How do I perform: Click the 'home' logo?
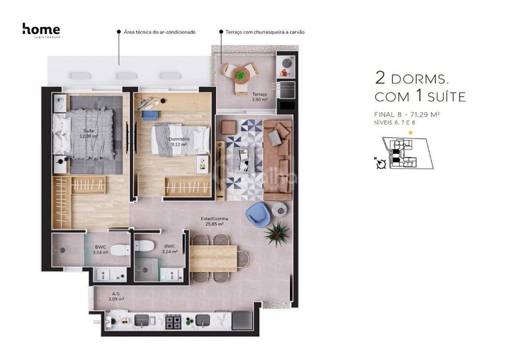coord(41,30)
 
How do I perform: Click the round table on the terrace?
coord(239,74)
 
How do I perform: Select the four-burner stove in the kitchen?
coord(174,320)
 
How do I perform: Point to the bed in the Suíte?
coord(87,134)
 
